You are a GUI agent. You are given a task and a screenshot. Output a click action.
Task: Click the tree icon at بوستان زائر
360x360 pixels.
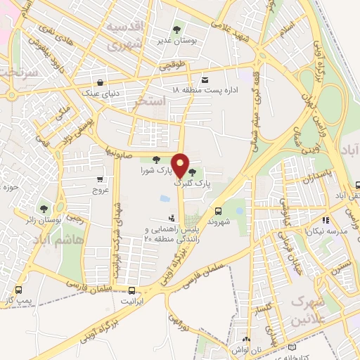[x=44, y=208]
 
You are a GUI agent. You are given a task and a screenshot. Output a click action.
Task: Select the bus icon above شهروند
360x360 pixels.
[x=217, y=210]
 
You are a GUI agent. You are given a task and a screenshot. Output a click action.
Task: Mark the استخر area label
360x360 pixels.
[x=150, y=103]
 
